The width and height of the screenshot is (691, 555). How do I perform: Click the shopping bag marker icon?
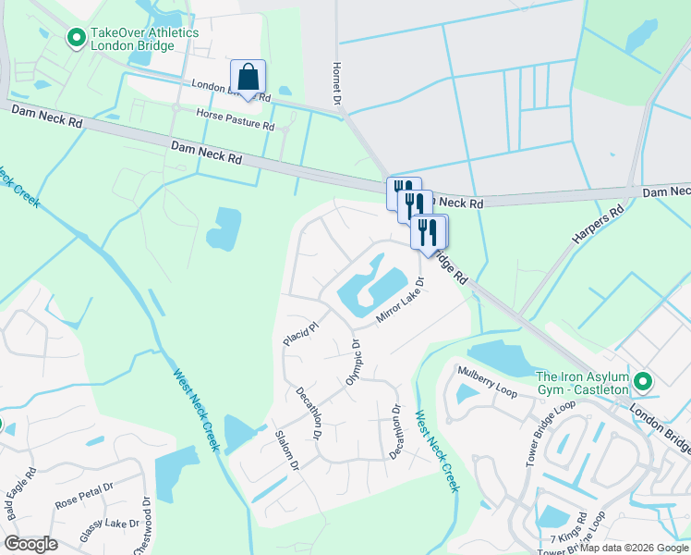[x=248, y=77]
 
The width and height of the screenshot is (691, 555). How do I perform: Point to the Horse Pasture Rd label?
[x=236, y=117]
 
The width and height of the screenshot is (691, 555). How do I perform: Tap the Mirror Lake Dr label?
[x=400, y=300]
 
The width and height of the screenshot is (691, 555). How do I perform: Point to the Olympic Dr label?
[x=352, y=363]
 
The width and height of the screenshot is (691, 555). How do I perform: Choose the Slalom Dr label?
[x=286, y=450]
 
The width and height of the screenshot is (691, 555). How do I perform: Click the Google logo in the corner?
[x=31, y=543]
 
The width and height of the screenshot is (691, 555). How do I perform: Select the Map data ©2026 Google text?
[x=634, y=548]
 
